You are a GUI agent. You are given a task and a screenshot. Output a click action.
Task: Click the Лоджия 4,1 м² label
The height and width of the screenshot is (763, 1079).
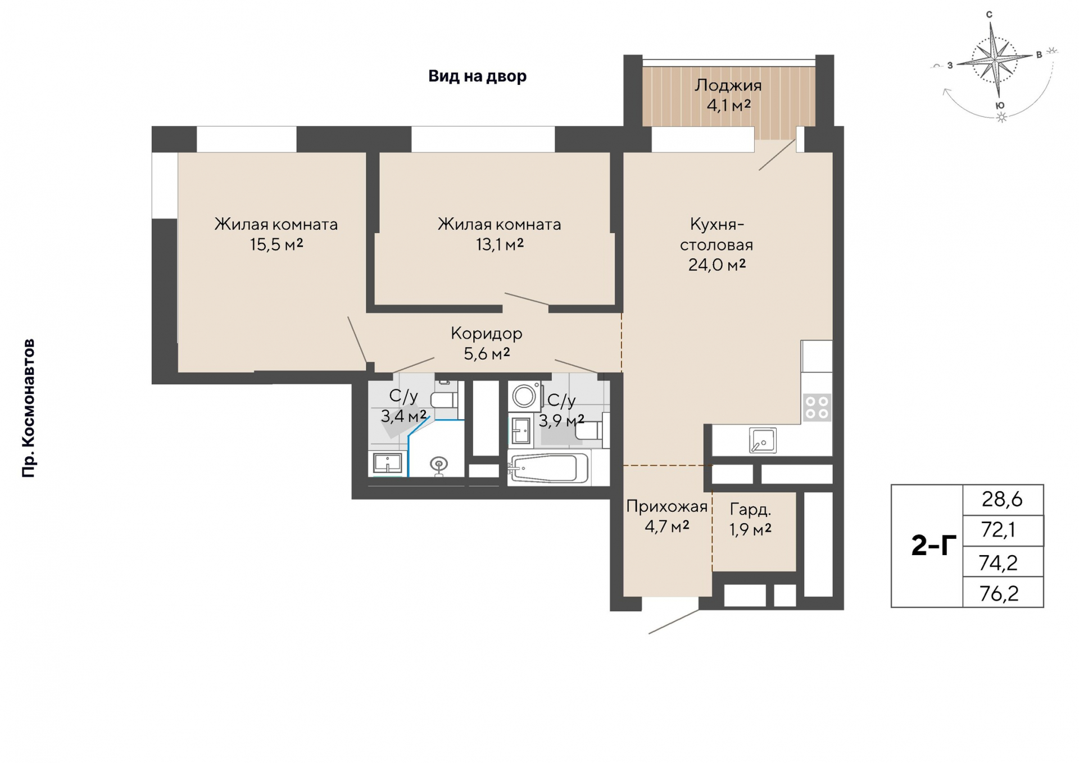[728, 95]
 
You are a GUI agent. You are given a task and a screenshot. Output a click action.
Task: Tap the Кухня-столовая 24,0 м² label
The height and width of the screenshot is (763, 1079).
[717, 244]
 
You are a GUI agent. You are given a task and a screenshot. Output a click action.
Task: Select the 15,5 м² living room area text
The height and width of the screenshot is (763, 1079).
[276, 244]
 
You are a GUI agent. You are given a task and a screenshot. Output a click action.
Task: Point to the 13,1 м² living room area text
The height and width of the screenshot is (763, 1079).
[500, 244]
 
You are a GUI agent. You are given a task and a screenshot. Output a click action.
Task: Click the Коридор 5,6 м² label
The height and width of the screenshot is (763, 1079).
[486, 343]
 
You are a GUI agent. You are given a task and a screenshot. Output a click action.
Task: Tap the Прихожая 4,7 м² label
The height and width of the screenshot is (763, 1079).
[667, 516]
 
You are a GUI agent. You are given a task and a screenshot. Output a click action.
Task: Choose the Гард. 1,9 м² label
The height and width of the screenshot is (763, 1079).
[750, 519]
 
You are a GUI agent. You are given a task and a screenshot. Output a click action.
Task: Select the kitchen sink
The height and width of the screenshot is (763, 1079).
[763, 440]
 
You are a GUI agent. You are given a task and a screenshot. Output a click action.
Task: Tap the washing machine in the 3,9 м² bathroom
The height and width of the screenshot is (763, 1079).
[524, 396]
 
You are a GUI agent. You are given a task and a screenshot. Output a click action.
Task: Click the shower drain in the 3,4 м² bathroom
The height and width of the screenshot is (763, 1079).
[438, 465]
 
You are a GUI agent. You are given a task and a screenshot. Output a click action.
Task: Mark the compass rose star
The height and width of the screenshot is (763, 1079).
[995, 58]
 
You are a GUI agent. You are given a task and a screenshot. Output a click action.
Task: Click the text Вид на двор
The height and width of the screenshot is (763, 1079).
[477, 76]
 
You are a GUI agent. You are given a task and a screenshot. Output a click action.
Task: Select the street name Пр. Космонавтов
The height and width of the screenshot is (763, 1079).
[29, 408]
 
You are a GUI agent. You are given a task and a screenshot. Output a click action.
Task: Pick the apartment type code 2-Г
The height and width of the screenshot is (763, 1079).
[933, 546]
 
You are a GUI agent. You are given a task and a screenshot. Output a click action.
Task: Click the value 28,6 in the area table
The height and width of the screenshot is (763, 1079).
[1002, 499]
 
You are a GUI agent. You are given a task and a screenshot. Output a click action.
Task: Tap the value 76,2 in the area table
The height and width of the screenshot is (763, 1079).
[999, 593]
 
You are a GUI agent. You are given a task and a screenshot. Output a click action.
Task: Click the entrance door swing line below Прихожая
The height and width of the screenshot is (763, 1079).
[674, 621]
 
